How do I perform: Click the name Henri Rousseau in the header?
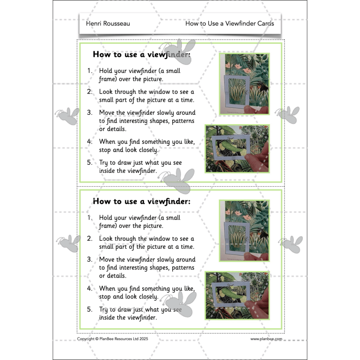tap(108, 23)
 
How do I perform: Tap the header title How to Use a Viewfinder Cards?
tap(229, 23)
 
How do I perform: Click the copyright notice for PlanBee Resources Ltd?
tap(112, 339)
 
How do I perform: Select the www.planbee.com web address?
tap(266, 339)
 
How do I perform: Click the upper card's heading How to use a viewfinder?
tap(141, 54)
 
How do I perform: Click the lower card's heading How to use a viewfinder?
tap(141, 201)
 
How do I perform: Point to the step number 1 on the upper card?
tap(90, 71)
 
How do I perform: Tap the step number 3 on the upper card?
tap(90, 112)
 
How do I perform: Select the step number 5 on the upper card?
tap(90, 162)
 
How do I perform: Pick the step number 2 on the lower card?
tap(90, 238)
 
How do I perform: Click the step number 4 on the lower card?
tap(90, 288)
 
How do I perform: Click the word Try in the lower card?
tap(105, 309)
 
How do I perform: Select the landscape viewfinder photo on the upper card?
tap(237, 149)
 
